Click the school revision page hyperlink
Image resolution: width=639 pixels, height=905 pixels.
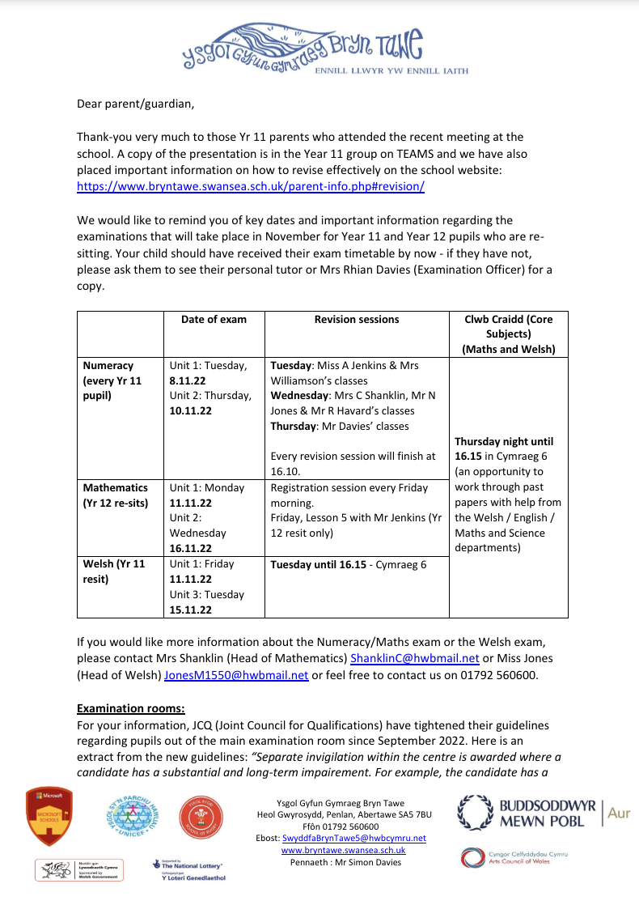coord(251,186)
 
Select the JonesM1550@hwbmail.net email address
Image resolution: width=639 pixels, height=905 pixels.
coord(236,674)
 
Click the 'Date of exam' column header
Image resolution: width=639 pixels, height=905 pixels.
coord(214,320)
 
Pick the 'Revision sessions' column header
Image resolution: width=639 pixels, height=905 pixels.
coord(357,320)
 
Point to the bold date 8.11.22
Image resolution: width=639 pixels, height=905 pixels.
coord(187,380)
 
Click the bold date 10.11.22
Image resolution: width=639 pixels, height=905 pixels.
coord(190,411)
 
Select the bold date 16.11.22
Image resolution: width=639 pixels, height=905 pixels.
coord(190,549)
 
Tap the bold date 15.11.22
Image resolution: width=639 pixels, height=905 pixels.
coord(190,610)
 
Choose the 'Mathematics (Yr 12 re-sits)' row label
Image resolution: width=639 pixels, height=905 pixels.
coord(114,495)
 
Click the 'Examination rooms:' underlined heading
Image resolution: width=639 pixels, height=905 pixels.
coord(131,710)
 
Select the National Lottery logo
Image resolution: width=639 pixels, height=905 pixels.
coord(188,870)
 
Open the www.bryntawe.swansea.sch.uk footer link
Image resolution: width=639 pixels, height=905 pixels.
coord(343,850)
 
